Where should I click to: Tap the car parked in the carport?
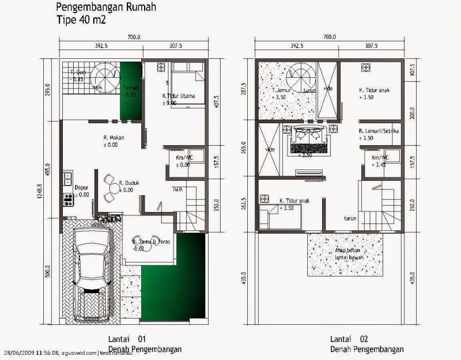pyautogui.click(x=89, y=275)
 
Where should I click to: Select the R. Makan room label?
pyautogui.click(x=114, y=138)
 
